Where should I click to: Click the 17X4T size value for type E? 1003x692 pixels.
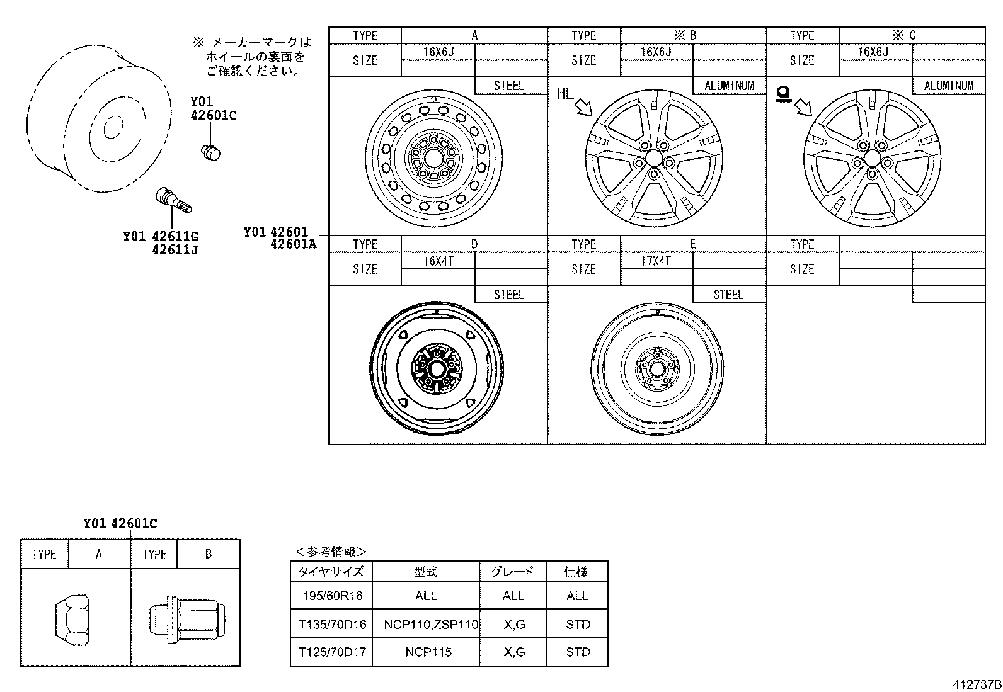(x=656, y=261)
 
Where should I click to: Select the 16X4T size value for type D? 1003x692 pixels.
(x=438, y=261)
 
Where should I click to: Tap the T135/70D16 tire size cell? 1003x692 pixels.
(x=331, y=625)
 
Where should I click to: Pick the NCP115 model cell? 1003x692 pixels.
(x=428, y=652)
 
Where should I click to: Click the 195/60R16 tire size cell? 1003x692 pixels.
(x=331, y=596)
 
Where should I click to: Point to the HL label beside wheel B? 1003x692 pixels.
(x=565, y=94)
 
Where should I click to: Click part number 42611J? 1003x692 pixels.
(x=175, y=250)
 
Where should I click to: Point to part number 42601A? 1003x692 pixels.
(x=293, y=244)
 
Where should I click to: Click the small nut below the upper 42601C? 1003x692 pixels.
(x=210, y=151)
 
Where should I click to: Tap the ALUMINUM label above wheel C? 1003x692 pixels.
(x=949, y=86)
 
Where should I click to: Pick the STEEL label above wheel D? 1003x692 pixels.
(x=509, y=295)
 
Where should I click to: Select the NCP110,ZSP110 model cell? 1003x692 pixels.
(x=431, y=625)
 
